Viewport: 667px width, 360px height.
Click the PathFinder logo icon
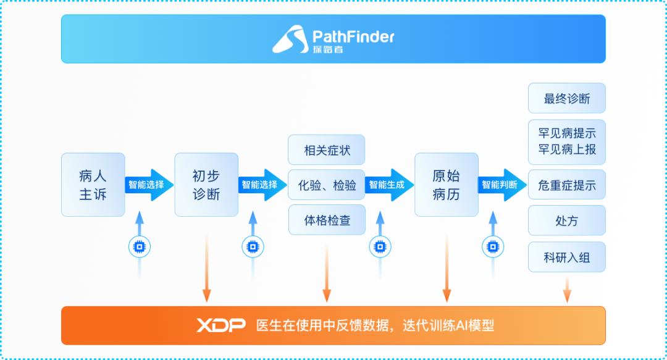pos(290,39)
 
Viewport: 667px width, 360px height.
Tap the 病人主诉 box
pos(93,185)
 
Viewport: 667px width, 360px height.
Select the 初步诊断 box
pos(206,185)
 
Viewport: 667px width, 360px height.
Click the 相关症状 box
pos(326,150)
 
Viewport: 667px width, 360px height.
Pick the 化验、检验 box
pos(326,185)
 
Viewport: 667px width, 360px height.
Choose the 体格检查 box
pos(327,220)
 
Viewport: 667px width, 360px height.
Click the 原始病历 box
pos(447,185)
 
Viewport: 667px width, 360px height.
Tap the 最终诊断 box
pos(566,98)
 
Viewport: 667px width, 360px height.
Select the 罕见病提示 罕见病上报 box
pos(566,142)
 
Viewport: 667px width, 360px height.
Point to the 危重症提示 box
pos(566,185)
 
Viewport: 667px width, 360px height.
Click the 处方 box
pos(566,220)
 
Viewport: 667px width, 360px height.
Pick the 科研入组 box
pos(566,257)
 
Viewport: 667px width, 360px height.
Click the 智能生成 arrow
pos(389,185)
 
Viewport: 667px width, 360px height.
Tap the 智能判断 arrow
pos(502,185)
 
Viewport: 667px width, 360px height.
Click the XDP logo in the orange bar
pos(220,325)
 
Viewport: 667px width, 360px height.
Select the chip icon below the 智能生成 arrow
pos(380,246)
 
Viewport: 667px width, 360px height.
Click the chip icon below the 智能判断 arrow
pos(493,246)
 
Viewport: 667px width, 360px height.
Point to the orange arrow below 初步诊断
pos(207,267)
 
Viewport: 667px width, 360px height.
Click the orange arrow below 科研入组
pos(567,288)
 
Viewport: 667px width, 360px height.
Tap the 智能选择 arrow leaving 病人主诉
pos(149,185)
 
